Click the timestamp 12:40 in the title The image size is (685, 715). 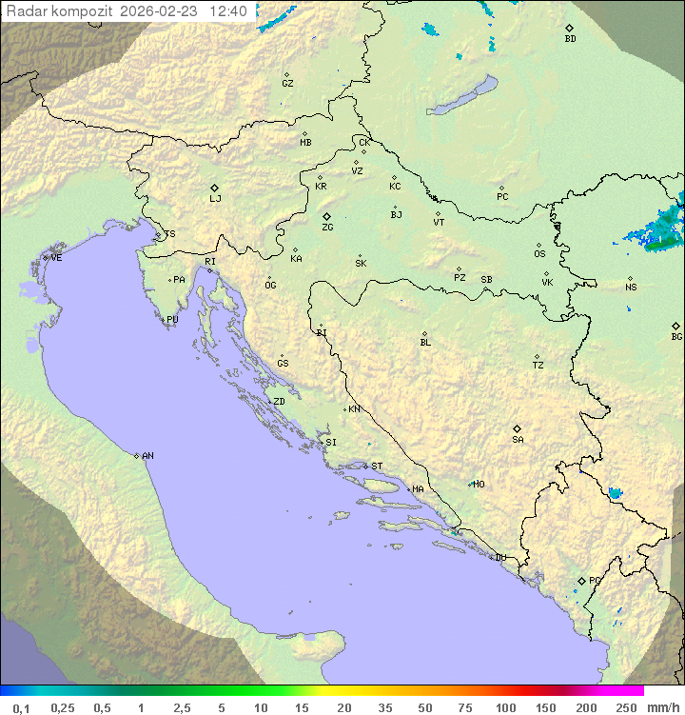point(228,11)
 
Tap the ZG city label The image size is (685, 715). point(327,228)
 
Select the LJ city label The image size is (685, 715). point(215,198)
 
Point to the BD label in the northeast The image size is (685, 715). point(570,39)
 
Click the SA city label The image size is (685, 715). point(518,439)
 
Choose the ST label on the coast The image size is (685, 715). point(377,467)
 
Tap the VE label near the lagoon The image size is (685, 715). point(56,258)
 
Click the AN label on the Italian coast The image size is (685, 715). point(147,456)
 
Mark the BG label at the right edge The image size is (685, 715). point(676,336)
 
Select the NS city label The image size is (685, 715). point(631,287)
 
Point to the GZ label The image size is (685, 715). point(287,83)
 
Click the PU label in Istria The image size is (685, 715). point(172,320)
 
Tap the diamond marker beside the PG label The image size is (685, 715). point(581,580)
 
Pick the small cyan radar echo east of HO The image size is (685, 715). point(615,493)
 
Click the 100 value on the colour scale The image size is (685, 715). point(505,707)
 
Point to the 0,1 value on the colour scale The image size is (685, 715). point(20,707)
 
